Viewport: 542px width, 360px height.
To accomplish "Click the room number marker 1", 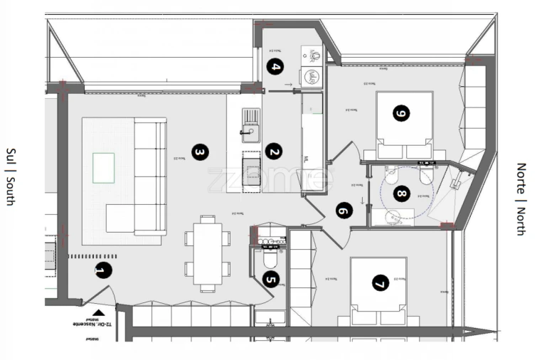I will tap(103, 270).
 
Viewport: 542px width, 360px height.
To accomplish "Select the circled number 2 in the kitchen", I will tap(273, 151).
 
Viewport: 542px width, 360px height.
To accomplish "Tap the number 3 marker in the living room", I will tap(201, 152).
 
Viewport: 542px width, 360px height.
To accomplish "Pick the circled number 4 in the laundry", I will tap(275, 68).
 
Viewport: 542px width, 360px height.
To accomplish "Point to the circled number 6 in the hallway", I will tap(344, 211).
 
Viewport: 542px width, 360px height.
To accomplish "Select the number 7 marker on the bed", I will tap(378, 284).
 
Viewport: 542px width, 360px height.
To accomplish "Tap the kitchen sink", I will tap(250, 122).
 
